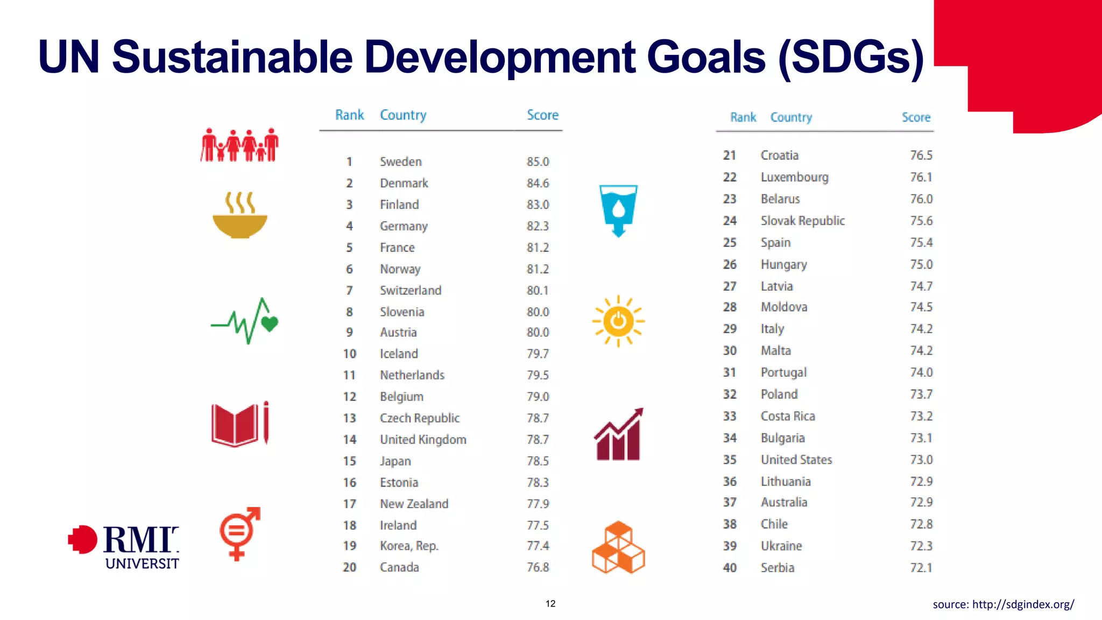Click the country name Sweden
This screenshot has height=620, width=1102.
tap(400, 161)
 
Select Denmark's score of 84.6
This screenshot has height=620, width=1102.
tap(538, 183)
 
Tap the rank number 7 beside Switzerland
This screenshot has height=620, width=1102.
tap(349, 291)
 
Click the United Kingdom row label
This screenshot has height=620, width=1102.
tap(423, 440)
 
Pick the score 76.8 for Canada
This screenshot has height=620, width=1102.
tap(538, 567)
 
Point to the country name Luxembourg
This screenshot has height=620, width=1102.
tap(794, 177)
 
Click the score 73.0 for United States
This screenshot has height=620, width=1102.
tap(921, 460)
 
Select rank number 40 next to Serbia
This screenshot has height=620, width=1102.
tap(730, 568)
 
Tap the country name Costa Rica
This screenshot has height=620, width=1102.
tap(788, 416)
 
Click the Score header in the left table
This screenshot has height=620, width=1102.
tap(542, 115)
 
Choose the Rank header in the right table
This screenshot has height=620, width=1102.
tap(743, 117)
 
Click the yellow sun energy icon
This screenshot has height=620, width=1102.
tap(618, 321)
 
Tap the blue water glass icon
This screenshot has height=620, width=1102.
tap(618, 210)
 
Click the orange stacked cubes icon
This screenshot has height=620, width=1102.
tap(618, 547)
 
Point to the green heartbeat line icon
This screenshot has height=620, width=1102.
tap(245, 321)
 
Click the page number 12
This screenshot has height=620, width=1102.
tap(550, 604)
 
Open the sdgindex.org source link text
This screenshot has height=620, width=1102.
tap(1003, 604)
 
